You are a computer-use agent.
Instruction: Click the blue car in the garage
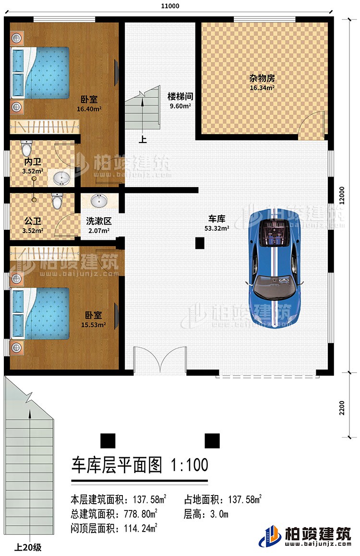click(276, 269)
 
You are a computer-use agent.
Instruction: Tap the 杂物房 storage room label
click(262, 83)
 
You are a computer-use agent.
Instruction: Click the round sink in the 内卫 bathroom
click(60, 178)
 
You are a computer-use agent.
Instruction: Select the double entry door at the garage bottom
click(160, 361)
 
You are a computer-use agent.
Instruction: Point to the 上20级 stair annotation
click(29, 546)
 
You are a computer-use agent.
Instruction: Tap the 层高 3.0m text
click(205, 514)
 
